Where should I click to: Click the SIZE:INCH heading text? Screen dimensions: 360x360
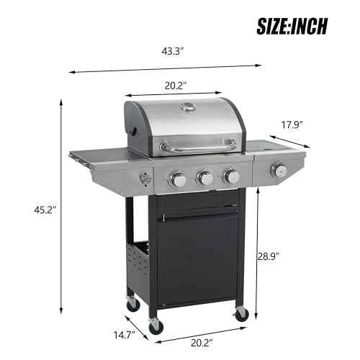click(x=292, y=26)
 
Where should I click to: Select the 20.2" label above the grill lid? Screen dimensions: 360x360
click(x=175, y=85)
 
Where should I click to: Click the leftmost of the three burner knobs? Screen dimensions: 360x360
click(x=176, y=180)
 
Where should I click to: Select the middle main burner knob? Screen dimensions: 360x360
click(x=204, y=178)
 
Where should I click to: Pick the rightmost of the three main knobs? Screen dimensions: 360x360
click(x=231, y=175)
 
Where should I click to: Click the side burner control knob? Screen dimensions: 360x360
click(x=279, y=171)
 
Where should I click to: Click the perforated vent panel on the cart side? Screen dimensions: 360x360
click(x=138, y=261)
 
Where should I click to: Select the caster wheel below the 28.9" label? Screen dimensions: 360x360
click(x=241, y=313)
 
